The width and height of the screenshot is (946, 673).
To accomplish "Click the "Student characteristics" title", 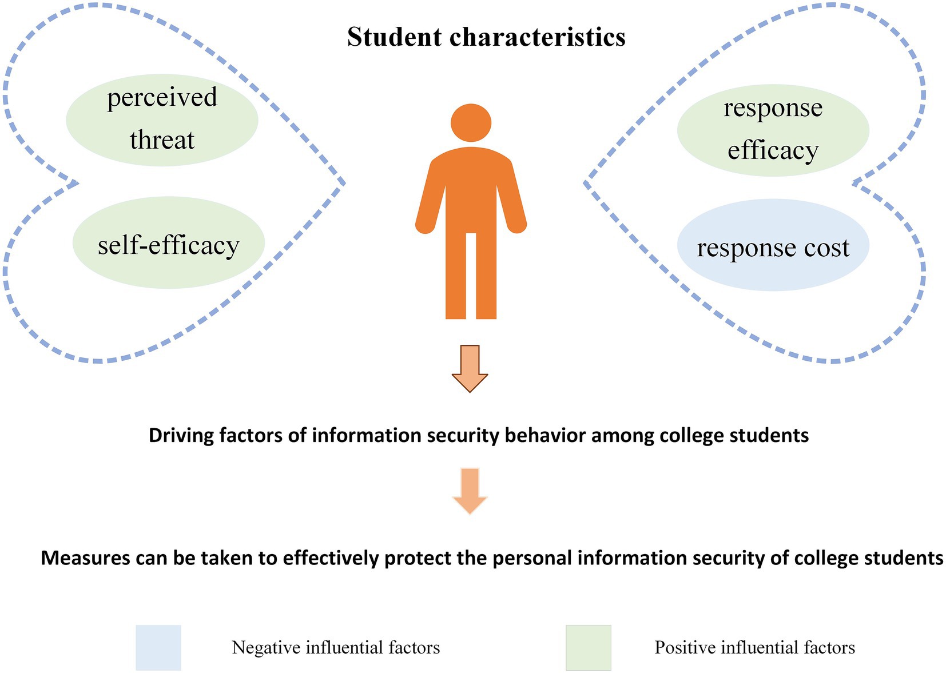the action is (x=486, y=38).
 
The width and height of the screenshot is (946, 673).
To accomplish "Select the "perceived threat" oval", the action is (x=162, y=120).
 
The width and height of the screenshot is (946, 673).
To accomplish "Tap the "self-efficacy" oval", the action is (x=168, y=243).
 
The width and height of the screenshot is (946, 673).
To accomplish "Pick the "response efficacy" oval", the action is (x=773, y=130).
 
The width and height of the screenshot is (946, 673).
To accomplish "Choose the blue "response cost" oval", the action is (x=773, y=246).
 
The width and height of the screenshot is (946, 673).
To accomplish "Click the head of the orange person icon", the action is (x=471, y=122).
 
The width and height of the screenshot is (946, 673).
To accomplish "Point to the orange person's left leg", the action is (x=456, y=274).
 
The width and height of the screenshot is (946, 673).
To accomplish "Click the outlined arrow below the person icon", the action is (x=470, y=368).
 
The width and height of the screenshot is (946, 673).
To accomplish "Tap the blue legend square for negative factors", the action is (x=158, y=647).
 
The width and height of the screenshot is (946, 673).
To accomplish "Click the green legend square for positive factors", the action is (x=588, y=647).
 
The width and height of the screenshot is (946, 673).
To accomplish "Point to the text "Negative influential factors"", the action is (x=336, y=648).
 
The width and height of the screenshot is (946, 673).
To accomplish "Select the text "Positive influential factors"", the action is (x=754, y=648).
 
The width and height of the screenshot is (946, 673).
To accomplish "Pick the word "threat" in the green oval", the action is (x=162, y=140).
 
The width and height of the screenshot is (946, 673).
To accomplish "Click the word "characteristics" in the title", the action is (x=538, y=38).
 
